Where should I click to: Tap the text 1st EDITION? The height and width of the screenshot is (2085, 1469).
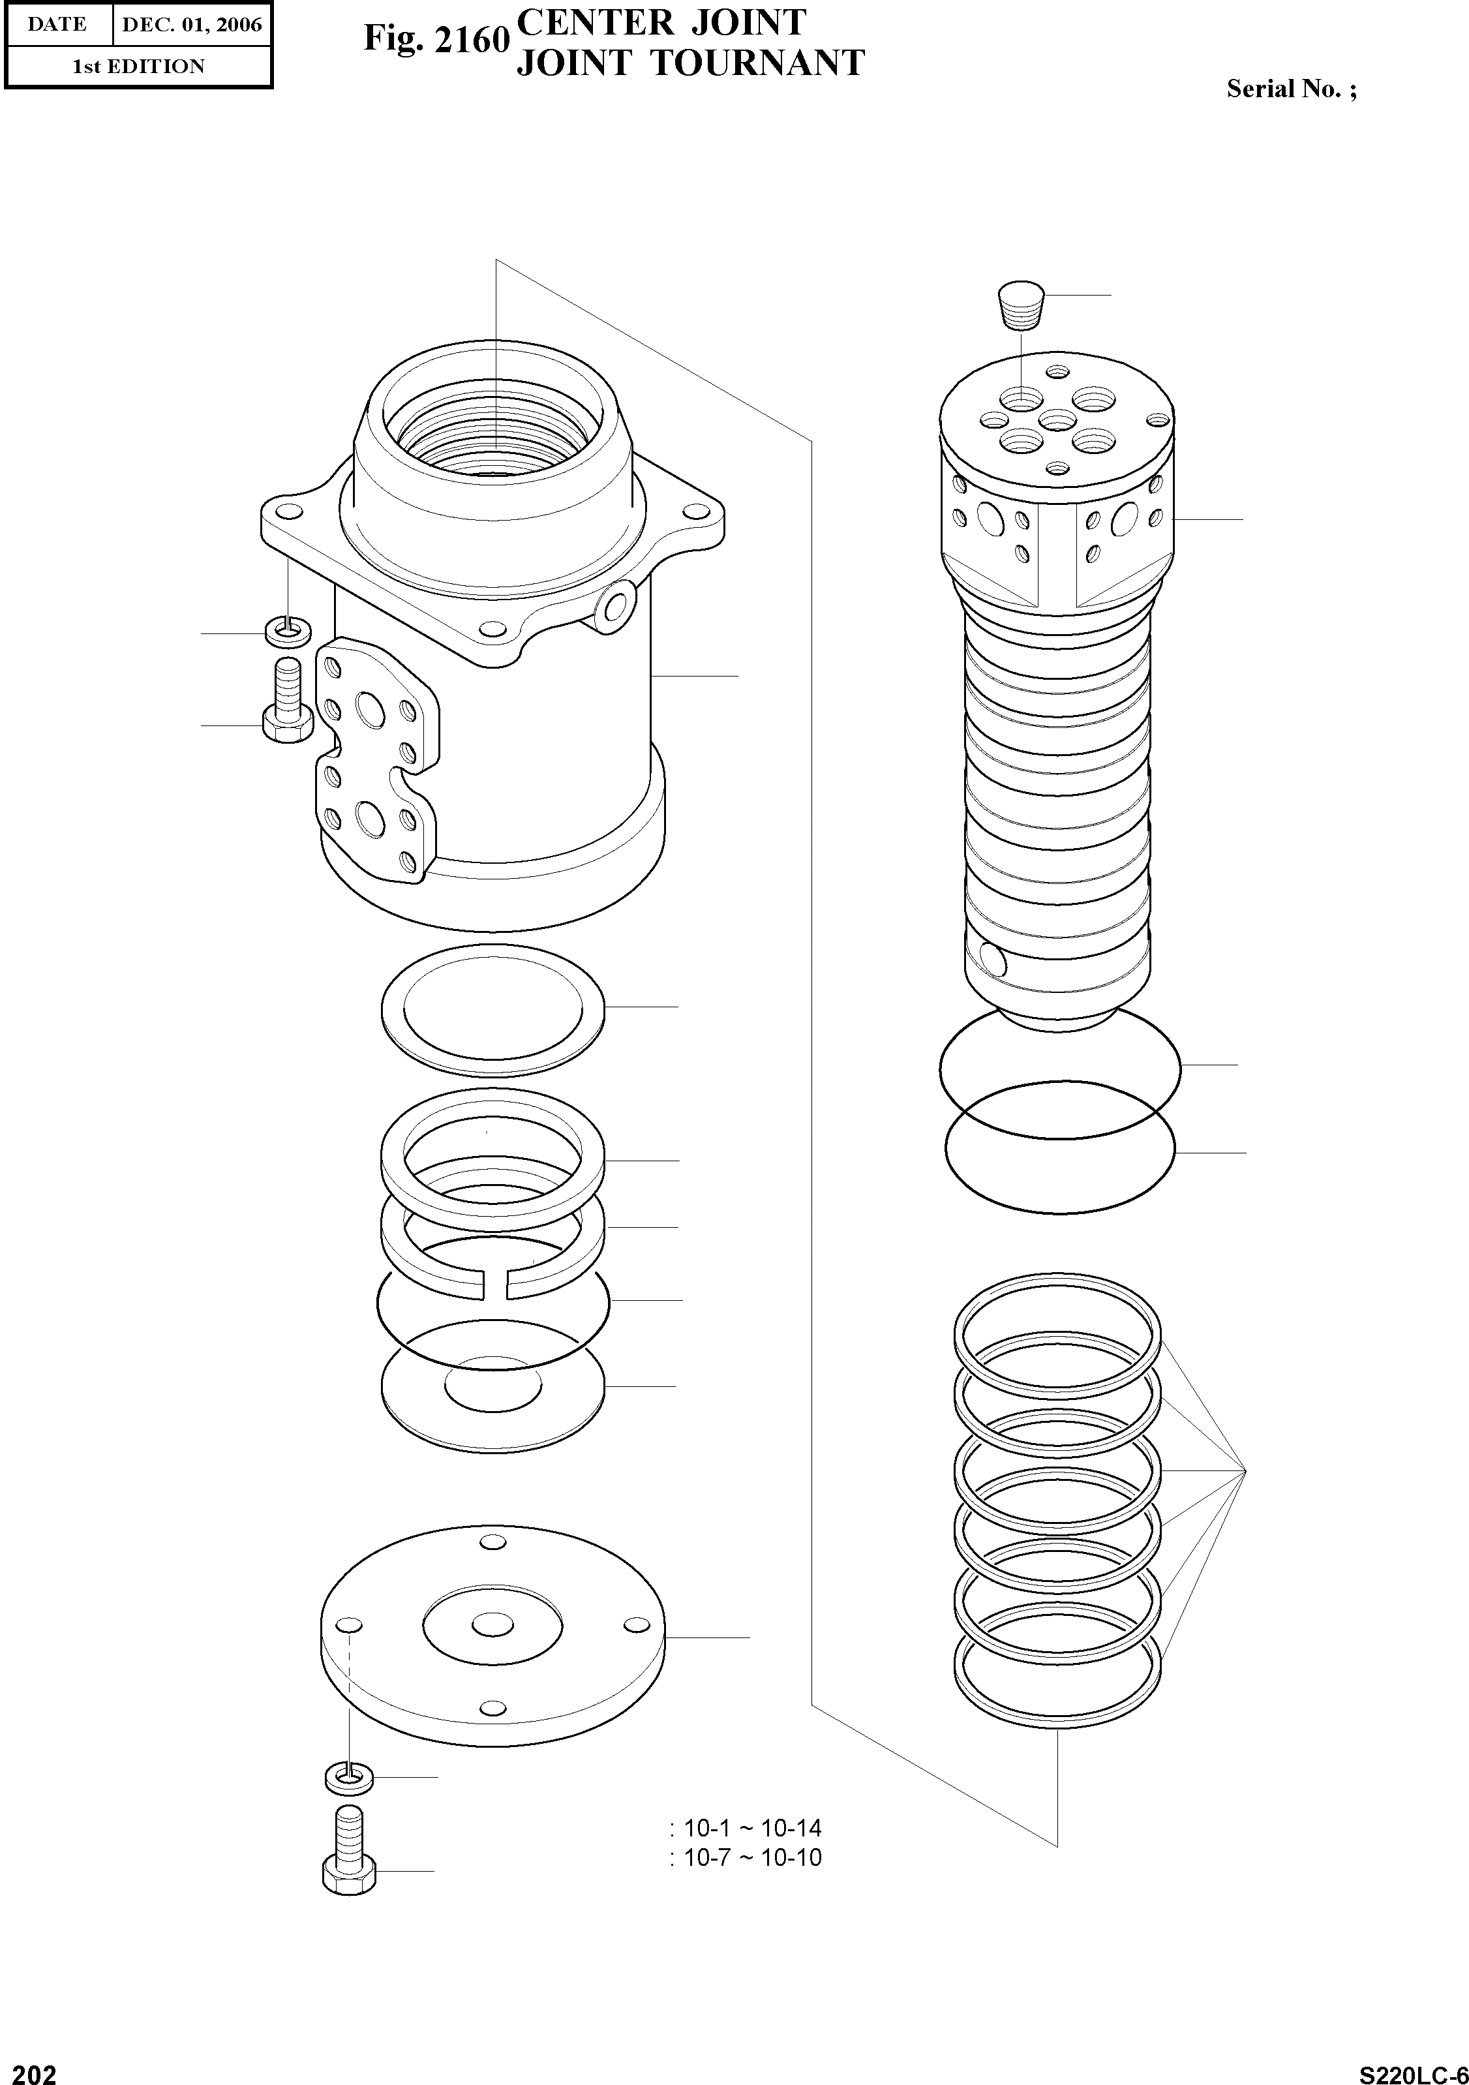(138, 67)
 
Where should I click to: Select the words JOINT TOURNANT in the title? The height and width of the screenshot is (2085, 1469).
(690, 63)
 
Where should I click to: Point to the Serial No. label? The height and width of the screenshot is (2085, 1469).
(1291, 89)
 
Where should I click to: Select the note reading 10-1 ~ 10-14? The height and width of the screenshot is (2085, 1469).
(751, 1828)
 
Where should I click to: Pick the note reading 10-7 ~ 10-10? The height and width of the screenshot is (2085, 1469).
(751, 1857)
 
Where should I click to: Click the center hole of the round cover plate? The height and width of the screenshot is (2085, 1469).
(492, 1624)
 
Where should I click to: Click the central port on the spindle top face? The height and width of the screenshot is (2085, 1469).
(1056, 419)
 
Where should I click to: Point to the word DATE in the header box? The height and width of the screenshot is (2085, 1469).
(57, 25)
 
